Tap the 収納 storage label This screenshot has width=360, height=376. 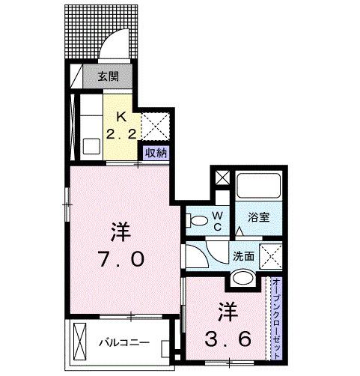156,152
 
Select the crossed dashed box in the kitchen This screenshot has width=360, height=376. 159,124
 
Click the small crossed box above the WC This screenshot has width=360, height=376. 222,179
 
